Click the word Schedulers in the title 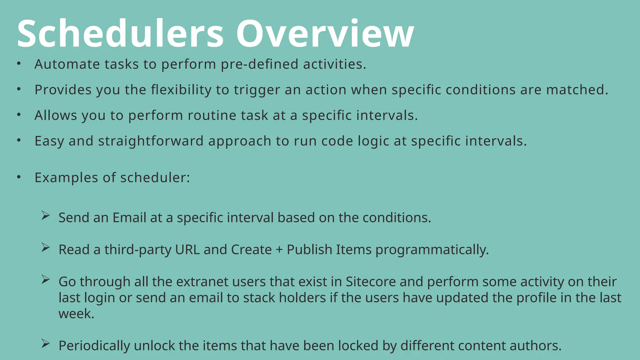[120, 34]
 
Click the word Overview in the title [325, 34]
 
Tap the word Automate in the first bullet [67, 64]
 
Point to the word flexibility [181, 90]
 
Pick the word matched [577, 90]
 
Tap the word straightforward [151, 141]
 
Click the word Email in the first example [129, 218]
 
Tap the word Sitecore [371, 282]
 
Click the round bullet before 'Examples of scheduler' [19, 177]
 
